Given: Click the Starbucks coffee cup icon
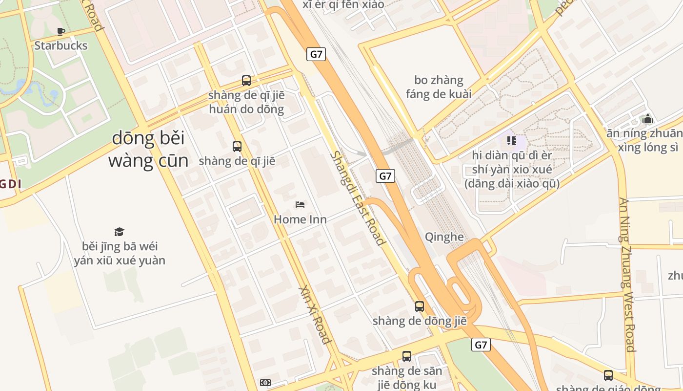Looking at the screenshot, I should (60, 32).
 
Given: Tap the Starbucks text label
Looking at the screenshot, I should (61, 45).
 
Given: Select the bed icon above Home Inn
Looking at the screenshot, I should (300, 205).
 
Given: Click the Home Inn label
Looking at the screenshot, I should (300, 219).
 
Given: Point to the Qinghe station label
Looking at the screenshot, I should (444, 237).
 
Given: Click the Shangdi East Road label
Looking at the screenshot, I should (358, 198).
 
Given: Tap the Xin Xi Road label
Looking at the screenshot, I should (315, 315).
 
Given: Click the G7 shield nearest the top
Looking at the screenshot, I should (316, 54).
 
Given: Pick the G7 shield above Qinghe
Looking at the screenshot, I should (385, 176).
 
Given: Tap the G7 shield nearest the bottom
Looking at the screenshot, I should (481, 345).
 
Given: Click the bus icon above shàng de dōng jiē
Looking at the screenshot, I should (419, 306).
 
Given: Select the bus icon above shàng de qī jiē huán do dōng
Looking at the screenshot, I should (246, 81).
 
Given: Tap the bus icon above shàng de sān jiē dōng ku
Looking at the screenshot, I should (406, 356).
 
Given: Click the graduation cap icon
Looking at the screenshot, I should (119, 232).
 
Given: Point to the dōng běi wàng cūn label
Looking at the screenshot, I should (148, 149).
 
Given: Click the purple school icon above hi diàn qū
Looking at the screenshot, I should (511, 141).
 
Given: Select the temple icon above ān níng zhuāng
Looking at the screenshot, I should (647, 119).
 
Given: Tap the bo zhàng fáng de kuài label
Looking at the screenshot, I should (439, 87).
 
